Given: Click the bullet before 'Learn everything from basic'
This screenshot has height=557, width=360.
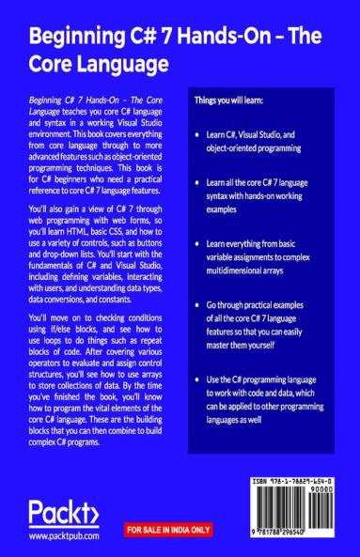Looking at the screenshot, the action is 196,242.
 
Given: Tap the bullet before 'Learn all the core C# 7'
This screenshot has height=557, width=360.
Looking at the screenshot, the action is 196,188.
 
